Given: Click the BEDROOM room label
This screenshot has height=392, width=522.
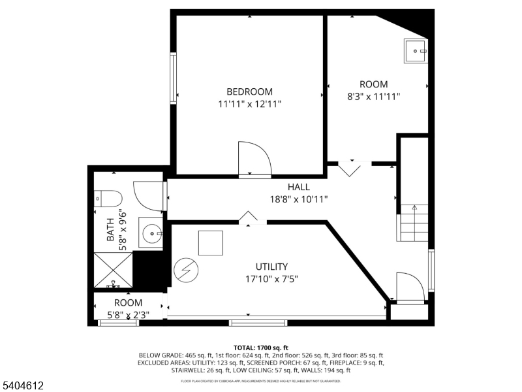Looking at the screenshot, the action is (249, 91).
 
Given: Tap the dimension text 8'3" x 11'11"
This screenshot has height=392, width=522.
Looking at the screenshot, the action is (373, 97).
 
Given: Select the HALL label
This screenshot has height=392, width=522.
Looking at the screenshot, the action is (299, 187).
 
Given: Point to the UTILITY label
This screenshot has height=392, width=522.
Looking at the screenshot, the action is (271, 267).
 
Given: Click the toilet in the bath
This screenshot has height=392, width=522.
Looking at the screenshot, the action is (108, 199).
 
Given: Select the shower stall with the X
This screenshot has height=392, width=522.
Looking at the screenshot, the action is (113, 270).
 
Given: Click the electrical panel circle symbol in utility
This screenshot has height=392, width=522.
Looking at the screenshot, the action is (186, 270).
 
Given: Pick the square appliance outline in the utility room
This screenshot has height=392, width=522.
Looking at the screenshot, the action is (211, 243).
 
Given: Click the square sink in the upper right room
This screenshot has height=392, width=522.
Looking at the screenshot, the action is (416, 51).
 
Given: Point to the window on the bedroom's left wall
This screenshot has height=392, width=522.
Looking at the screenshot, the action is (173, 78).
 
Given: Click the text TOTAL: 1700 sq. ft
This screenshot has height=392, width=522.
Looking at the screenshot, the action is (260, 348).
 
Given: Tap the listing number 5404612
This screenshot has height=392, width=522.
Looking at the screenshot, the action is (22, 385).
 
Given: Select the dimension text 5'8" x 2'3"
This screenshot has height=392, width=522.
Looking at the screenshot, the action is (128, 315).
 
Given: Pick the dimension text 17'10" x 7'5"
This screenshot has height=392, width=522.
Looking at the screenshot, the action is (271, 279).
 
